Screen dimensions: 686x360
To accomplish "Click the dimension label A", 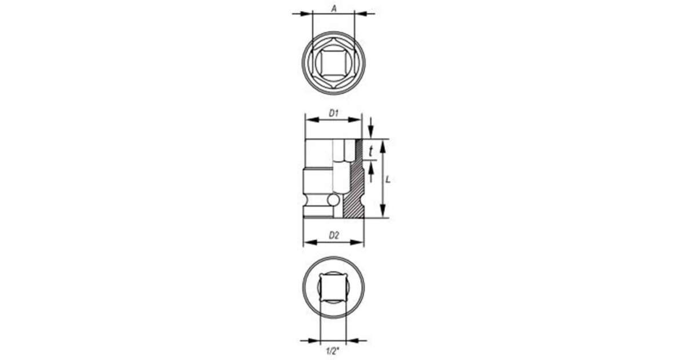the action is coord(334,9).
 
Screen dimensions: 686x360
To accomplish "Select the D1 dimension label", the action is coord(333,113).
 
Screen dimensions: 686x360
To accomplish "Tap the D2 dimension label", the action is coord(334,235).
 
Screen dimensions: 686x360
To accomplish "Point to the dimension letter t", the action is coord(371,151).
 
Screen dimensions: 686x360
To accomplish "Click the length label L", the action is coord(388,179).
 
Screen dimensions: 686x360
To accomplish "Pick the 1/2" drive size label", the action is coord(333,351).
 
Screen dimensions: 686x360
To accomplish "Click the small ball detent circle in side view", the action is coord(333,200).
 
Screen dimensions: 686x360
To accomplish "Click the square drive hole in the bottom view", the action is coord(333,287).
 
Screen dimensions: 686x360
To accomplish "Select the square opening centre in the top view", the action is coord(333,62).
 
